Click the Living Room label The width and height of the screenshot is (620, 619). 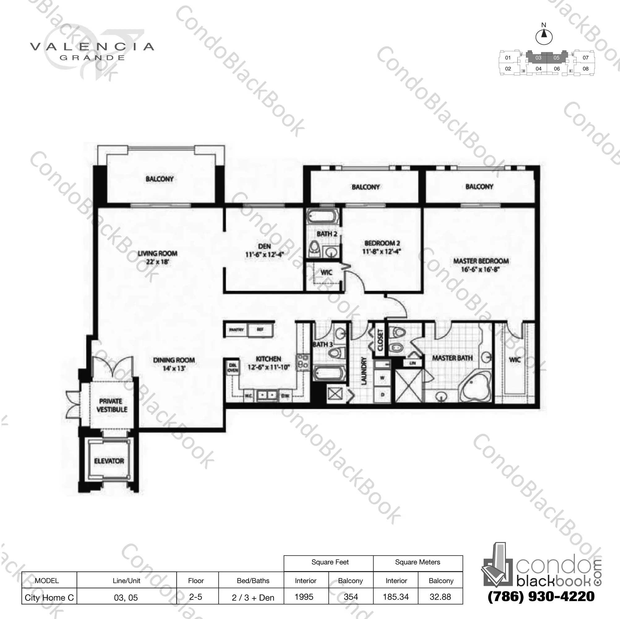(x=158, y=253)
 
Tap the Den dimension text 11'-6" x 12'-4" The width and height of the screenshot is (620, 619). (x=264, y=255)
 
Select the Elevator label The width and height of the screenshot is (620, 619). (x=109, y=461)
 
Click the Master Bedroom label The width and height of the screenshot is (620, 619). (x=481, y=261)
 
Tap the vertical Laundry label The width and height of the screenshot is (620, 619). (x=364, y=371)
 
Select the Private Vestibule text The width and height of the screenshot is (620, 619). (x=111, y=405)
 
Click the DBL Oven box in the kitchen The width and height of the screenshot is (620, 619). (x=233, y=367)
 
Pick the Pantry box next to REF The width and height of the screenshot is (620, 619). (x=236, y=329)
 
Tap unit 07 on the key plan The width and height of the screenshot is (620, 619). (x=586, y=58)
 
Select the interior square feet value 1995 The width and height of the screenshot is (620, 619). (x=304, y=597)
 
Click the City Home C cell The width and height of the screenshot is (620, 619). (x=49, y=597)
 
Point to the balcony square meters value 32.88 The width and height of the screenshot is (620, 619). (x=440, y=597)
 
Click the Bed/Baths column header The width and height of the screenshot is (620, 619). (x=253, y=580)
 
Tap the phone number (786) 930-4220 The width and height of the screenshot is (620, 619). (x=541, y=596)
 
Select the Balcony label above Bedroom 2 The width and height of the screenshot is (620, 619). (x=366, y=187)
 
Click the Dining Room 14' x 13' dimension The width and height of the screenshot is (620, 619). (x=174, y=368)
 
